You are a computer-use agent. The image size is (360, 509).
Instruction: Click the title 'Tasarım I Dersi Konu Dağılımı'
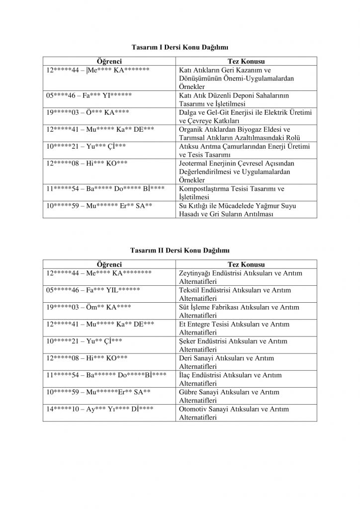[180, 47]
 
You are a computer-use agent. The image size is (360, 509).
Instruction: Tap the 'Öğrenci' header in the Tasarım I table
[109, 61]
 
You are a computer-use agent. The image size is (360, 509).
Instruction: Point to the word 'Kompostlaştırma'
[204, 189]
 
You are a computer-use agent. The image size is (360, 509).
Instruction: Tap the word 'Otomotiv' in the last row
[192, 409]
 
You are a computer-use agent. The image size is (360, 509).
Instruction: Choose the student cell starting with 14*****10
[99, 409]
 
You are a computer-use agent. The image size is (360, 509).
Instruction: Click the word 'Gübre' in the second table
[188, 392]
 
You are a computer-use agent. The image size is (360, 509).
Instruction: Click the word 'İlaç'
[186, 375]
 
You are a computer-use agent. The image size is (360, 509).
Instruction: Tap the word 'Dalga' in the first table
[187, 112]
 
